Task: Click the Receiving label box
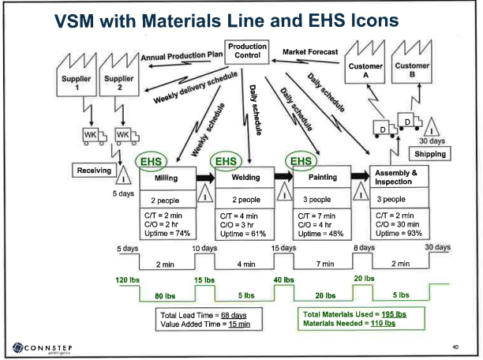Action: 92,170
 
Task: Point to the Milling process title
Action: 165,178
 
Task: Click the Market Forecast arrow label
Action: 310,51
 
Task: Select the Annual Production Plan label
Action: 182,56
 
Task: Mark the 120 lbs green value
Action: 129,280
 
